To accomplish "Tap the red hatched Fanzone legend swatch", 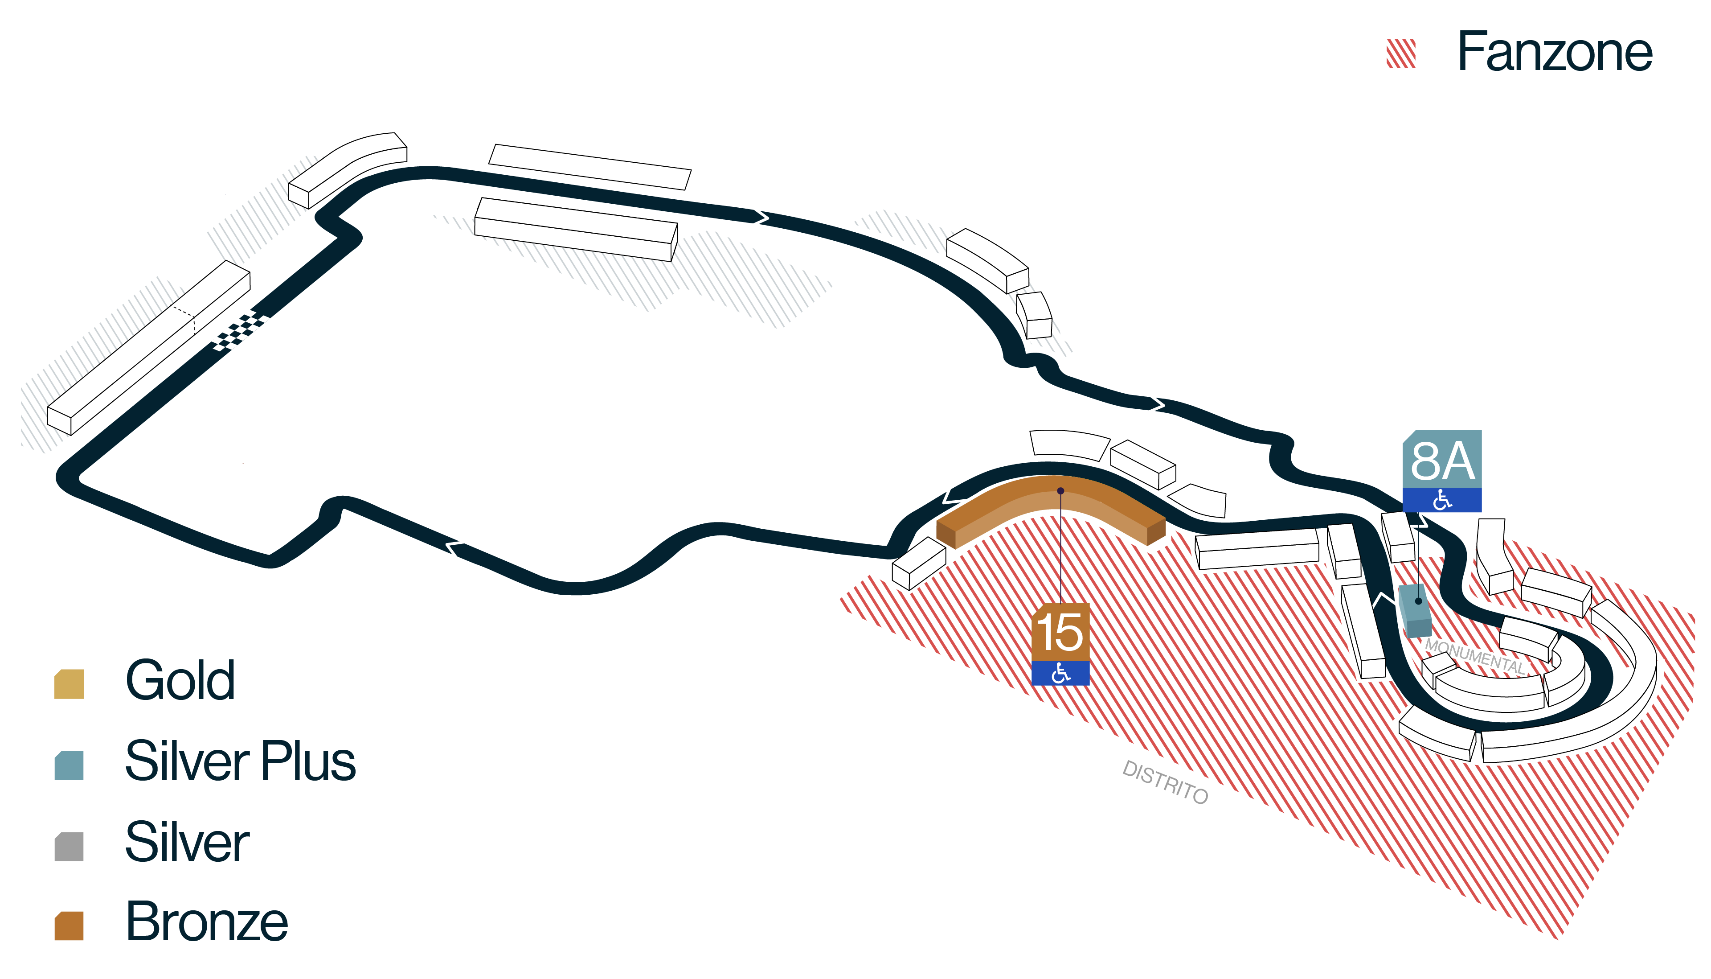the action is [x=1401, y=53].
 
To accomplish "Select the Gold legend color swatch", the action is [x=69, y=684].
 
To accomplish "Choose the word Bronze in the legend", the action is [x=207, y=921].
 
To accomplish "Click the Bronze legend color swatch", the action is [x=69, y=926].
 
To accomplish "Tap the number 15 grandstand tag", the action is [x=1060, y=632].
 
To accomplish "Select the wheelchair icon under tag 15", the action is [x=1060, y=673].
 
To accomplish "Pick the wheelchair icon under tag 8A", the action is [x=1442, y=500].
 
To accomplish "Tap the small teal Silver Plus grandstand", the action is [x=1415, y=610].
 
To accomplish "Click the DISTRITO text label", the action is [x=1165, y=782].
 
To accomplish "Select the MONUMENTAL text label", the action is [x=1475, y=656].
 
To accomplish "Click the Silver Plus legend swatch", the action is [x=69, y=765].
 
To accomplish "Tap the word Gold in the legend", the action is [x=180, y=680].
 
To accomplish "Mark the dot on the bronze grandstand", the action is [x=1060, y=491].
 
